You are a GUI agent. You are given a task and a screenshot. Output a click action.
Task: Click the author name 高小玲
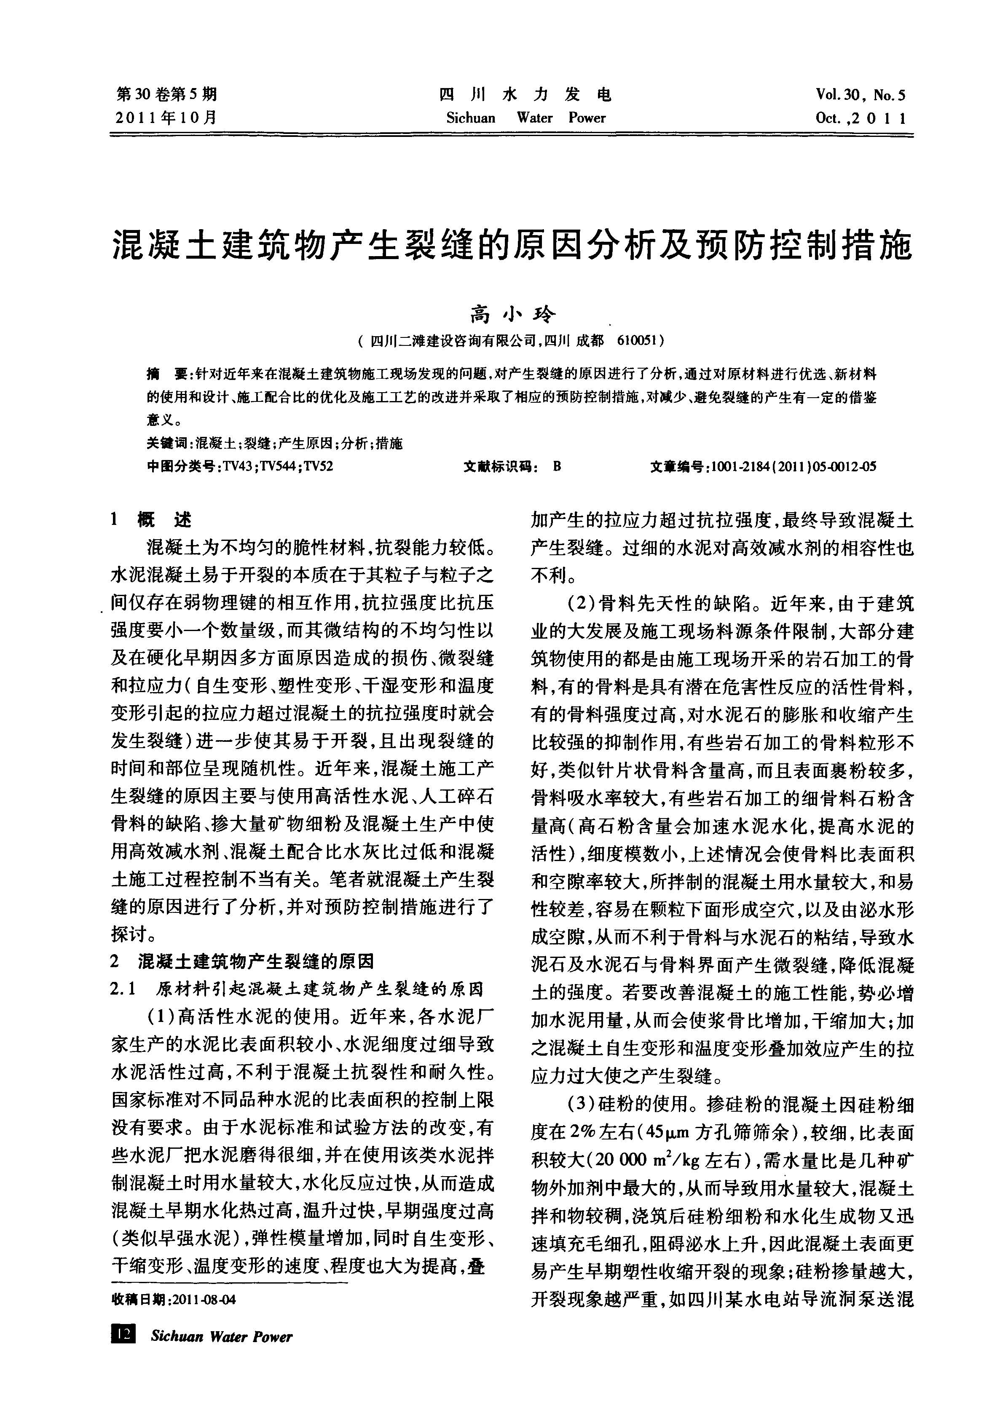(x=513, y=315)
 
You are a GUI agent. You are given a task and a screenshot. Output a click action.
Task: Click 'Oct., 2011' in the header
(x=860, y=118)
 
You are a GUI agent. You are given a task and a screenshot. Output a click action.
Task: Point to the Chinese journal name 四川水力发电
(x=525, y=95)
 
